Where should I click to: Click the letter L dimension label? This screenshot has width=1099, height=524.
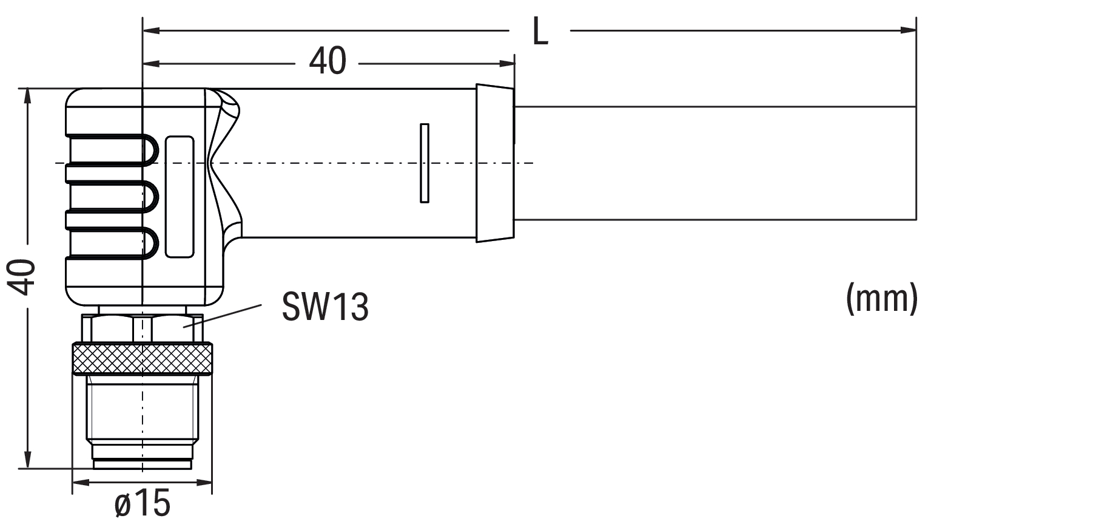[540, 32]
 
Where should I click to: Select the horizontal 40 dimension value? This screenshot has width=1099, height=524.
[328, 61]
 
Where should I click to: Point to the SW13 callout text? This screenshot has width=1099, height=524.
[325, 306]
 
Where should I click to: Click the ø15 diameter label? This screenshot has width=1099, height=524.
[143, 503]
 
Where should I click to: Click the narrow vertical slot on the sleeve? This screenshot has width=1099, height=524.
[425, 163]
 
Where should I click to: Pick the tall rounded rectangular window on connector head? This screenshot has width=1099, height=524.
[180, 196]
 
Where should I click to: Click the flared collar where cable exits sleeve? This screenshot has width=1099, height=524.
[494, 163]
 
